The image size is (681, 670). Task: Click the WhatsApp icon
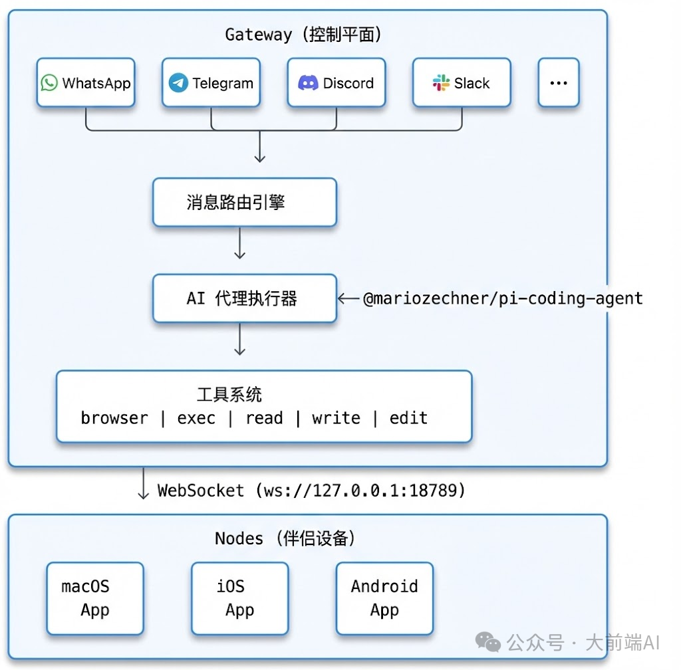click(49, 83)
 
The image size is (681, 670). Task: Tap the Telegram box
click(211, 83)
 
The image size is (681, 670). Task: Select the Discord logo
click(308, 83)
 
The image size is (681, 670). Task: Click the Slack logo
click(441, 83)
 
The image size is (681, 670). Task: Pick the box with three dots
click(559, 83)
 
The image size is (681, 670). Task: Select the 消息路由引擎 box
click(245, 203)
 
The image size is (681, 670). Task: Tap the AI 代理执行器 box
click(245, 298)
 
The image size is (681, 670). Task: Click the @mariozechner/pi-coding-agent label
click(503, 298)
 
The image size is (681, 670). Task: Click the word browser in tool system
click(114, 418)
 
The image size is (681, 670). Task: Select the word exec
click(196, 418)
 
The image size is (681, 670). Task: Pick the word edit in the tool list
click(408, 418)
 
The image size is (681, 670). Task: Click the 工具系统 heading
click(229, 394)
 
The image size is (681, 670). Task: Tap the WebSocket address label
click(311, 491)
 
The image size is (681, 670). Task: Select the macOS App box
click(95, 598)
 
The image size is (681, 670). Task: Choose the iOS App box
click(239, 598)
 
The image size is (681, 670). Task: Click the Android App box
click(384, 598)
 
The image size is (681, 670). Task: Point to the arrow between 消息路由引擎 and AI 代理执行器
click(240, 245)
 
